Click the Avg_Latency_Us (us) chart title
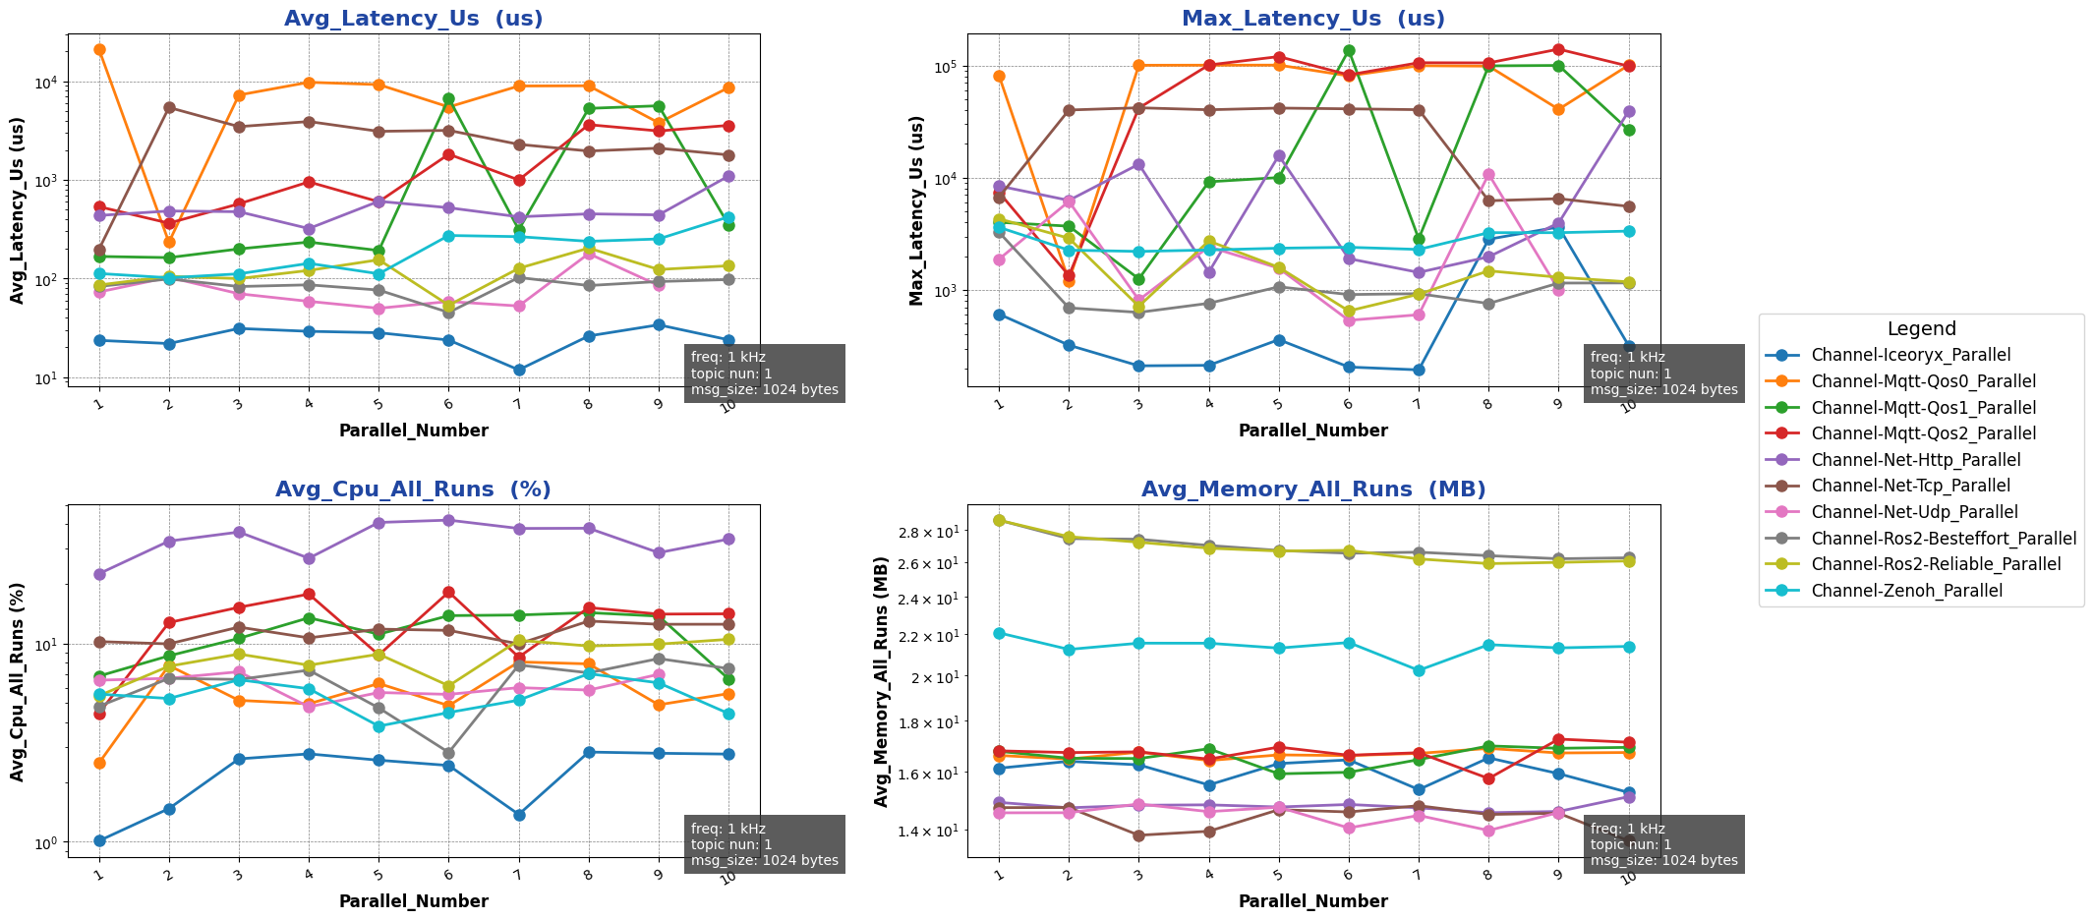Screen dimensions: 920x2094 (413, 19)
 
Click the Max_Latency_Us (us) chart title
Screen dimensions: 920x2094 (1313, 19)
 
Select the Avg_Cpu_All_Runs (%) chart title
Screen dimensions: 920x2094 (413, 489)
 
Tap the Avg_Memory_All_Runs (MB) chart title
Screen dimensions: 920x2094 (1313, 489)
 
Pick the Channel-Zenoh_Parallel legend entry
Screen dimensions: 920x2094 (1906, 591)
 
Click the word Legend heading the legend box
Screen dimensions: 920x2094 (1921, 329)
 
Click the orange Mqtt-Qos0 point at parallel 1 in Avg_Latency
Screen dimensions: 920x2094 (99, 49)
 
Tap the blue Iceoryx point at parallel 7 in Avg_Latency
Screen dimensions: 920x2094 (518, 371)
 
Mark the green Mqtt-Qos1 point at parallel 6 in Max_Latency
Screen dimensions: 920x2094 (1349, 50)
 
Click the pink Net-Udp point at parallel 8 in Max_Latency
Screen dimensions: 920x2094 (1488, 175)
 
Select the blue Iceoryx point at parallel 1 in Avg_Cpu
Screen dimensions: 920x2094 (99, 840)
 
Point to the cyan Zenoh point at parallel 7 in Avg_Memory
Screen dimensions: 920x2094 (1419, 670)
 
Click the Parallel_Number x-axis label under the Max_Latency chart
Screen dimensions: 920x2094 (1313, 431)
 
